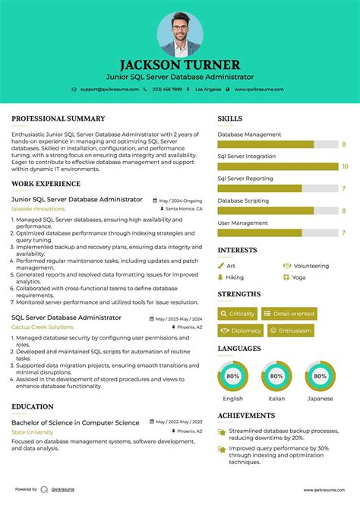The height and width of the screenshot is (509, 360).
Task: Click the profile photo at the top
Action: click(180, 33)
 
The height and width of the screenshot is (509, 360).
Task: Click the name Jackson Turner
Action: click(180, 65)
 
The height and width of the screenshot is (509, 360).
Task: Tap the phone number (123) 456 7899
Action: click(166, 89)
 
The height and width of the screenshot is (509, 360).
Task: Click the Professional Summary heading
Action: click(58, 119)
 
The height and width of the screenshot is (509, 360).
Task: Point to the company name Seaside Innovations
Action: click(38, 208)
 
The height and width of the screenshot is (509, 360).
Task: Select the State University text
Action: click(33, 432)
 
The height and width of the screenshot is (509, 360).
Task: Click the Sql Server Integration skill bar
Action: click(278, 166)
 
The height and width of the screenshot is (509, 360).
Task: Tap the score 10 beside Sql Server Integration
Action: click(345, 166)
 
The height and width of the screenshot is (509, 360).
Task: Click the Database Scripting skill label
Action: click(243, 201)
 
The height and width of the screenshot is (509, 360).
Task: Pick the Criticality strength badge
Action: click(237, 314)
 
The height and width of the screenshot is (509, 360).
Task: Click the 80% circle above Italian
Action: click(276, 376)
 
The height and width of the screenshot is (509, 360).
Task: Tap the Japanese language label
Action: click(320, 398)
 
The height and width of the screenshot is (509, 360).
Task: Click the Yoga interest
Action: click(298, 277)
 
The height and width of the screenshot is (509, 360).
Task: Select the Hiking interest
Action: click(235, 277)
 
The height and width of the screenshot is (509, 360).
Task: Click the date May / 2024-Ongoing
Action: click(181, 200)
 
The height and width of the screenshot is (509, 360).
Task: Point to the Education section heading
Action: click(33, 406)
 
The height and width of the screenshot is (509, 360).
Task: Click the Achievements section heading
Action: click(246, 416)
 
